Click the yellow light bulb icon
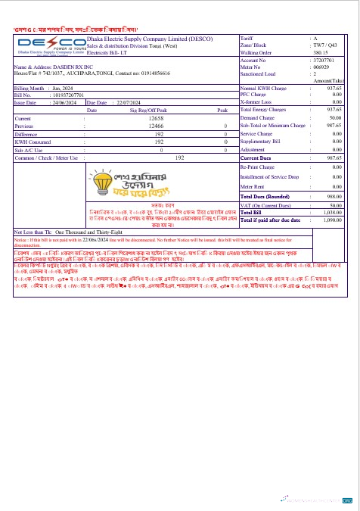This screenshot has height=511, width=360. pos(101,183)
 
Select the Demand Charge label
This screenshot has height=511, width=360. pos(257,118)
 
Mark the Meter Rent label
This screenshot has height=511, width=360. pos(253,185)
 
